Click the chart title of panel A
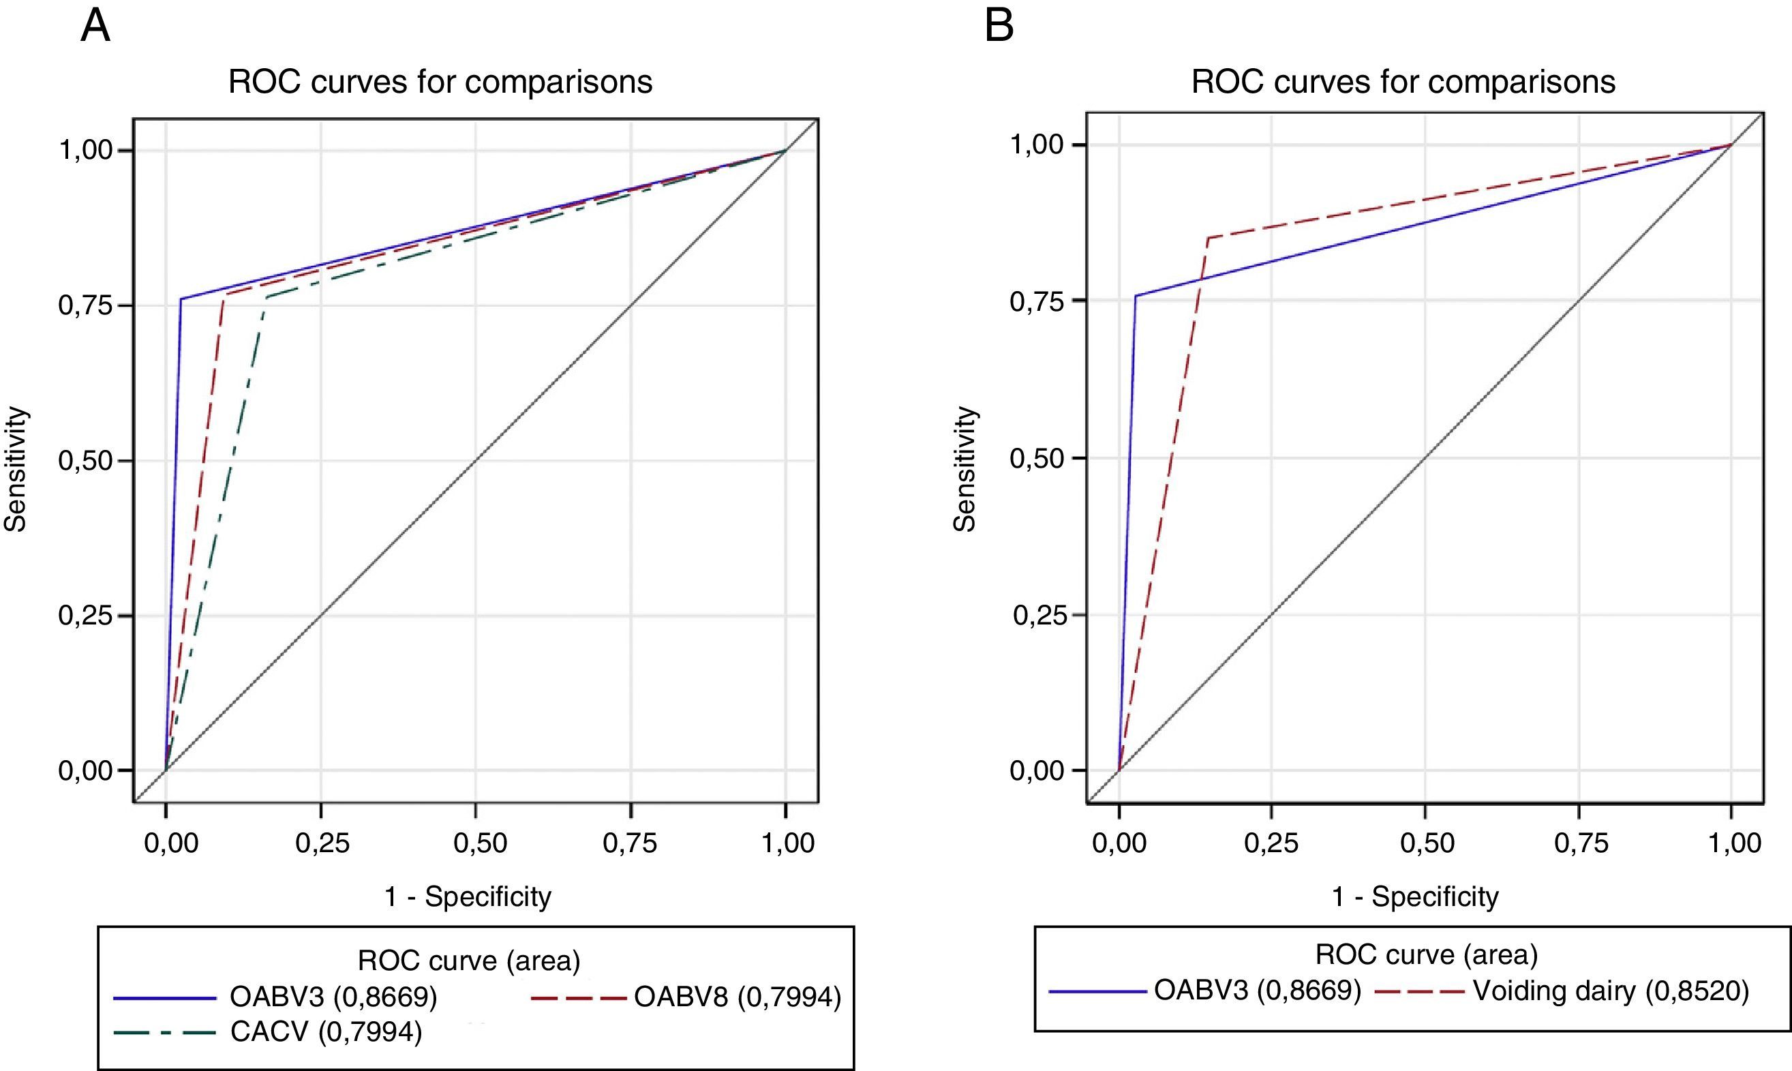[440, 82]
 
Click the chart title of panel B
[1403, 82]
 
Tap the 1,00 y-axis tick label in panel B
[1037, 145]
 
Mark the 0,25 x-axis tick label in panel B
[1271, 842]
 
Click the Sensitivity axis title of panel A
[16, 469]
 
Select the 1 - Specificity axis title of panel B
[1414, 896]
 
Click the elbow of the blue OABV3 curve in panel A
[181, 299]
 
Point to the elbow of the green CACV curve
[267, 297]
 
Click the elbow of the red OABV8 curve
[224, 295]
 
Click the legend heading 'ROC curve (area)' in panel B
[1426, 955]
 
